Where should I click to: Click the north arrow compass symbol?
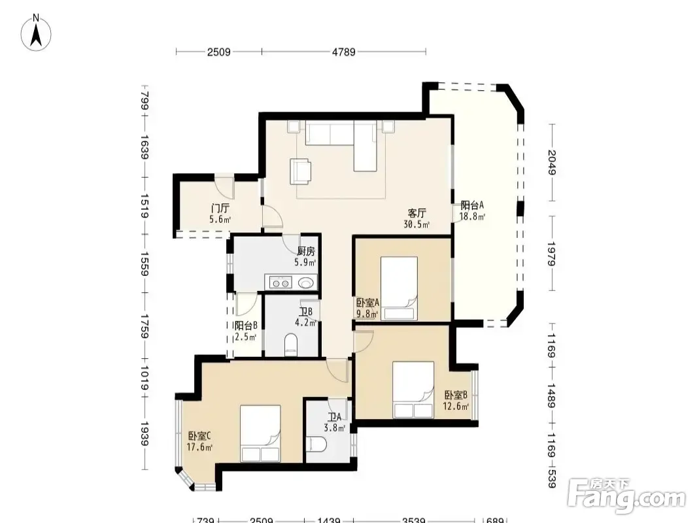point(36,33)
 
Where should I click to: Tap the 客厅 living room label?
point(416,213)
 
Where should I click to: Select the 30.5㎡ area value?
point(416,224)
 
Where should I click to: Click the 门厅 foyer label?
point(220,208)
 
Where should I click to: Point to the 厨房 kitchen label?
point(306,252)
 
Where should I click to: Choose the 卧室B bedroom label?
point(456,395)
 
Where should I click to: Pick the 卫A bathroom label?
point(334,417)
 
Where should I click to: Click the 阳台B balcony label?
point(246,326)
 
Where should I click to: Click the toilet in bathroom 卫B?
point(291,345)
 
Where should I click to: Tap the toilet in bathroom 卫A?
point(316,445)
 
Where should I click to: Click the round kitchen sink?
point(306,282)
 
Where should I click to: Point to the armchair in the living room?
point(301,171)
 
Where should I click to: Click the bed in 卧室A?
point(399,288)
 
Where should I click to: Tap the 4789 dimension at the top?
point(344,52)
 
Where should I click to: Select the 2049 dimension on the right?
point(552,162)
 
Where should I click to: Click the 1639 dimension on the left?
point(144,148)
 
